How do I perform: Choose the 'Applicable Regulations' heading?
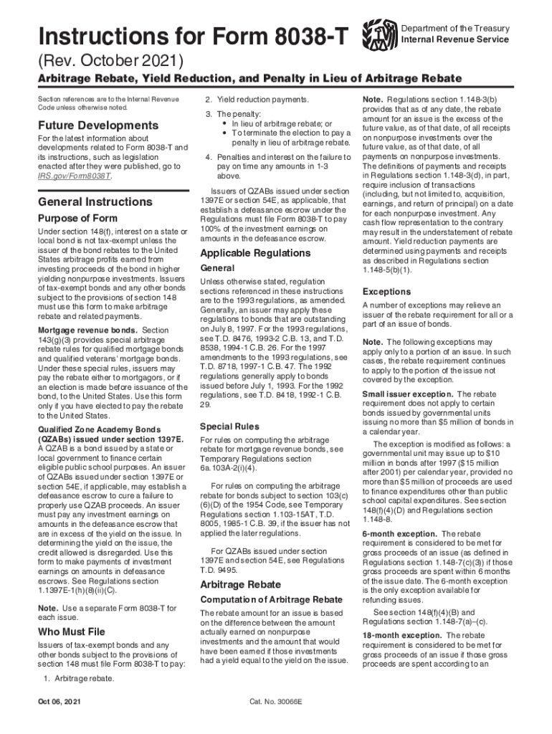[x=255, y=253]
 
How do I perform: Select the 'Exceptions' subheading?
[x=387, y=292]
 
